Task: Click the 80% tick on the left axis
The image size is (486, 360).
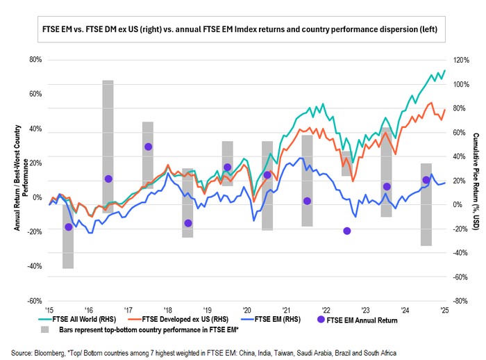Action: tap(34, 60)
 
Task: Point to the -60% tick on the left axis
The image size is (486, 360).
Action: tap(33, 301)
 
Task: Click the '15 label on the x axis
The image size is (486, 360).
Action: tap(49, 310)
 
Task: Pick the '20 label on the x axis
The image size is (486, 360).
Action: tap(246, 310)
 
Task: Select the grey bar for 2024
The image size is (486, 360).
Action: tap(426, 204)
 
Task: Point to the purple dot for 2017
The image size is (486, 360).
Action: tap(148, 147)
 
